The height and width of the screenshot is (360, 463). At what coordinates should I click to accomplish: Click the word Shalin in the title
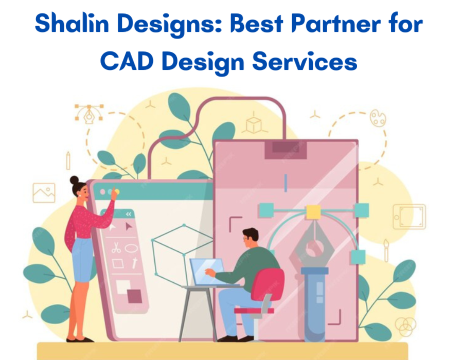click(72, 23)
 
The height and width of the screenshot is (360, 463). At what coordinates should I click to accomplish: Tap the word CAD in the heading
click(127, 61)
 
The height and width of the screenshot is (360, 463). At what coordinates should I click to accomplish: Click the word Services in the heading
click(305, 61)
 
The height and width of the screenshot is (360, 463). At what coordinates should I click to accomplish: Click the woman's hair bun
click(74, 180)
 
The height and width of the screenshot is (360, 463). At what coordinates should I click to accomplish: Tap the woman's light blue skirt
click(82, 260)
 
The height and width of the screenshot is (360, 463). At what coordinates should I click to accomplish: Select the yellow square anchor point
click(313, 212)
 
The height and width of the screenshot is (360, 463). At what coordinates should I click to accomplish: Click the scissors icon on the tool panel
click(116, 247)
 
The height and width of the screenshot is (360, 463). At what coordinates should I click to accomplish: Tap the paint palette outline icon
click(378, 118)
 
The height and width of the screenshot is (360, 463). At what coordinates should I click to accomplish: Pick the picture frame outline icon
click(44, 193)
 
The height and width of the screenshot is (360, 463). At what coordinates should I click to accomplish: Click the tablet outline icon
click(409, 217)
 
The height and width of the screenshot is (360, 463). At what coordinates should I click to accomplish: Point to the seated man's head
click(250, 238)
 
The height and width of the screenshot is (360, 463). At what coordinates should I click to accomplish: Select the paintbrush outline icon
click(386, 250)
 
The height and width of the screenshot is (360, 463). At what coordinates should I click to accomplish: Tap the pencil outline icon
click(68, 160)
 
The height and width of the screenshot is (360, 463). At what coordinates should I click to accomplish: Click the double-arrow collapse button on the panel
click(129, 214)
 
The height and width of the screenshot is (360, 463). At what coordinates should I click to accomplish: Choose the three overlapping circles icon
click(405, 325)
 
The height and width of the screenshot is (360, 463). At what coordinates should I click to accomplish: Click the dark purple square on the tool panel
click(135, 296)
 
